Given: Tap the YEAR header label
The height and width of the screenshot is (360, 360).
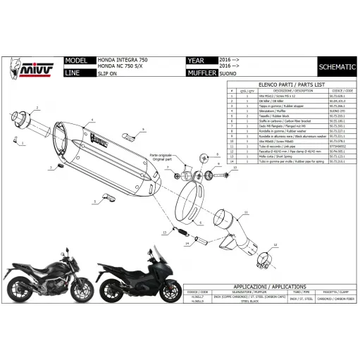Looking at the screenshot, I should (197, 61).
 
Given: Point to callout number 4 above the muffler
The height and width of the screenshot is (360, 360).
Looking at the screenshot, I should (91, 120).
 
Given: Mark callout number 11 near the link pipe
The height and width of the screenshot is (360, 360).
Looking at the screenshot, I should (247, 212).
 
